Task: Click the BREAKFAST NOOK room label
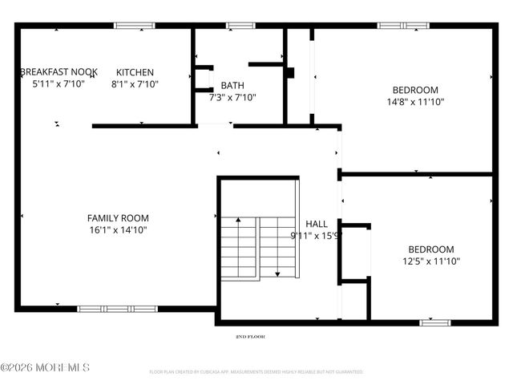coord(59,72)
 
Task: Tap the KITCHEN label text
coord(135,72)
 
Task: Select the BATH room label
coord(232,86)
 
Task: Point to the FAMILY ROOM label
coord(118,218)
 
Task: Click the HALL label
coord(317,224)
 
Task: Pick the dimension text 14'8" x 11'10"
coord(415,102)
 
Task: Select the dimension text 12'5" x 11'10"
coord(431,261)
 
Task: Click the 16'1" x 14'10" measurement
coord(118,230)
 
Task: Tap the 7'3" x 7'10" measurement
coord(232,98)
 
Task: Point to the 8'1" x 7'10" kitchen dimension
coord(135,83)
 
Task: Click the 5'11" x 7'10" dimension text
coord(59,83)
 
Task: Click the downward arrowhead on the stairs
coord(277,274)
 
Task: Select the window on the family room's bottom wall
coord(118,309)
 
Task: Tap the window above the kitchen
coord(135,26)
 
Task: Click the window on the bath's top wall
coord(240,26)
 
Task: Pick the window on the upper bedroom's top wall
coord(403,26)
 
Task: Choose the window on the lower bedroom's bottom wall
coord(435,322)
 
